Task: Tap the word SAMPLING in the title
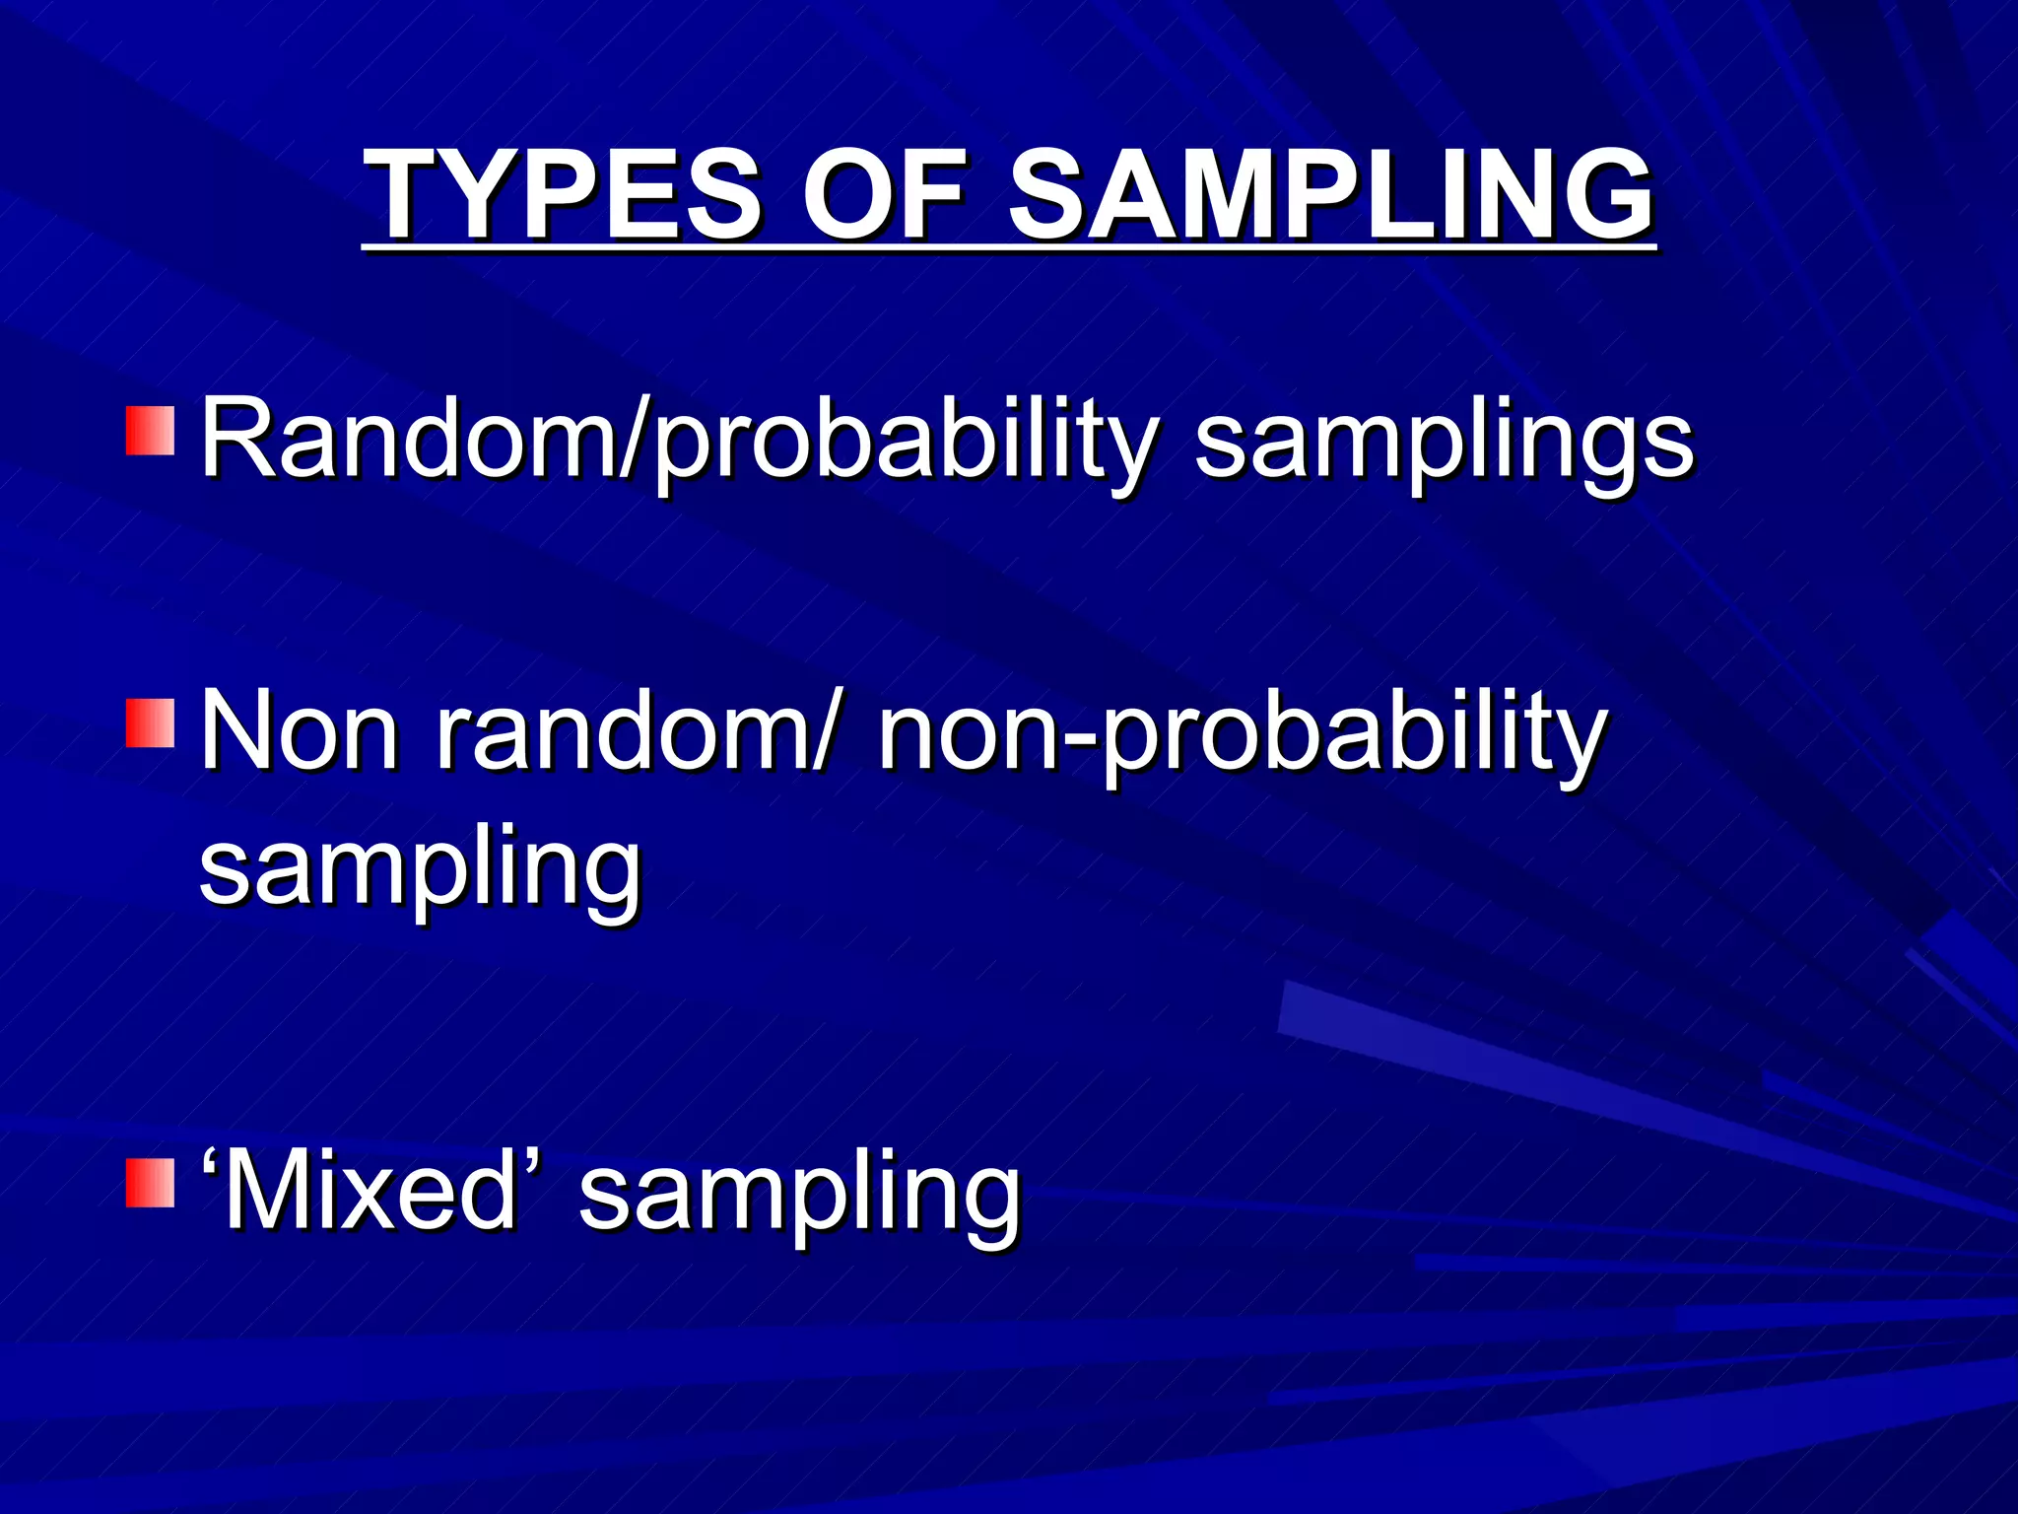[1330, 194]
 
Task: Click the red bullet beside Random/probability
[150, 430]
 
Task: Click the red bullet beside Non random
[150, 723]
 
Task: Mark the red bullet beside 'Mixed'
[150, 1183]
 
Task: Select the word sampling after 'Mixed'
[799, 1197]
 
